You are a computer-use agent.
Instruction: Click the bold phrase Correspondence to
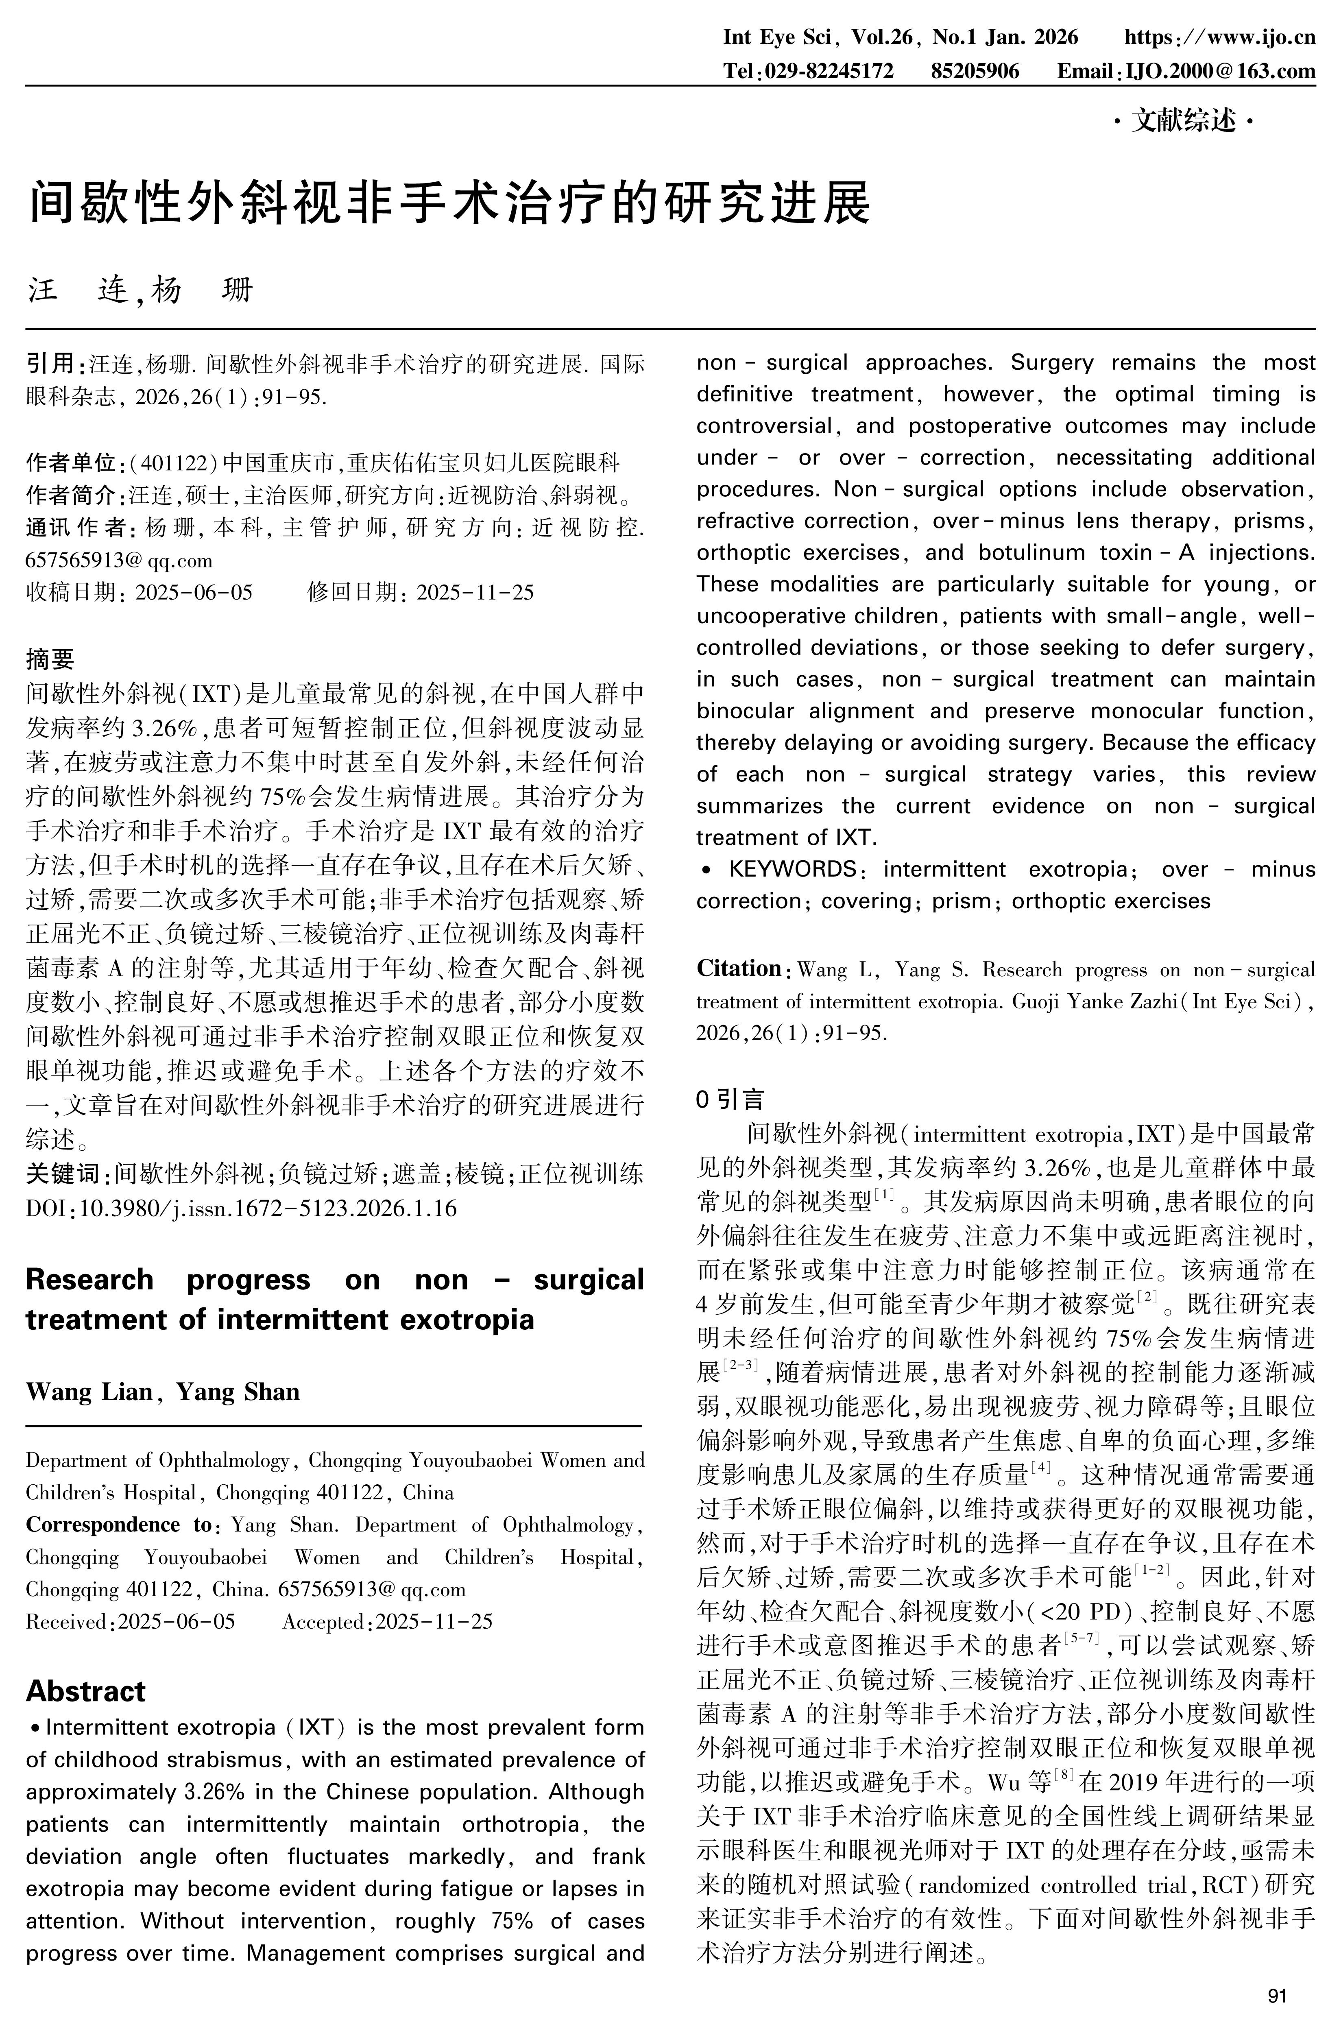click(x=118, y=1525)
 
